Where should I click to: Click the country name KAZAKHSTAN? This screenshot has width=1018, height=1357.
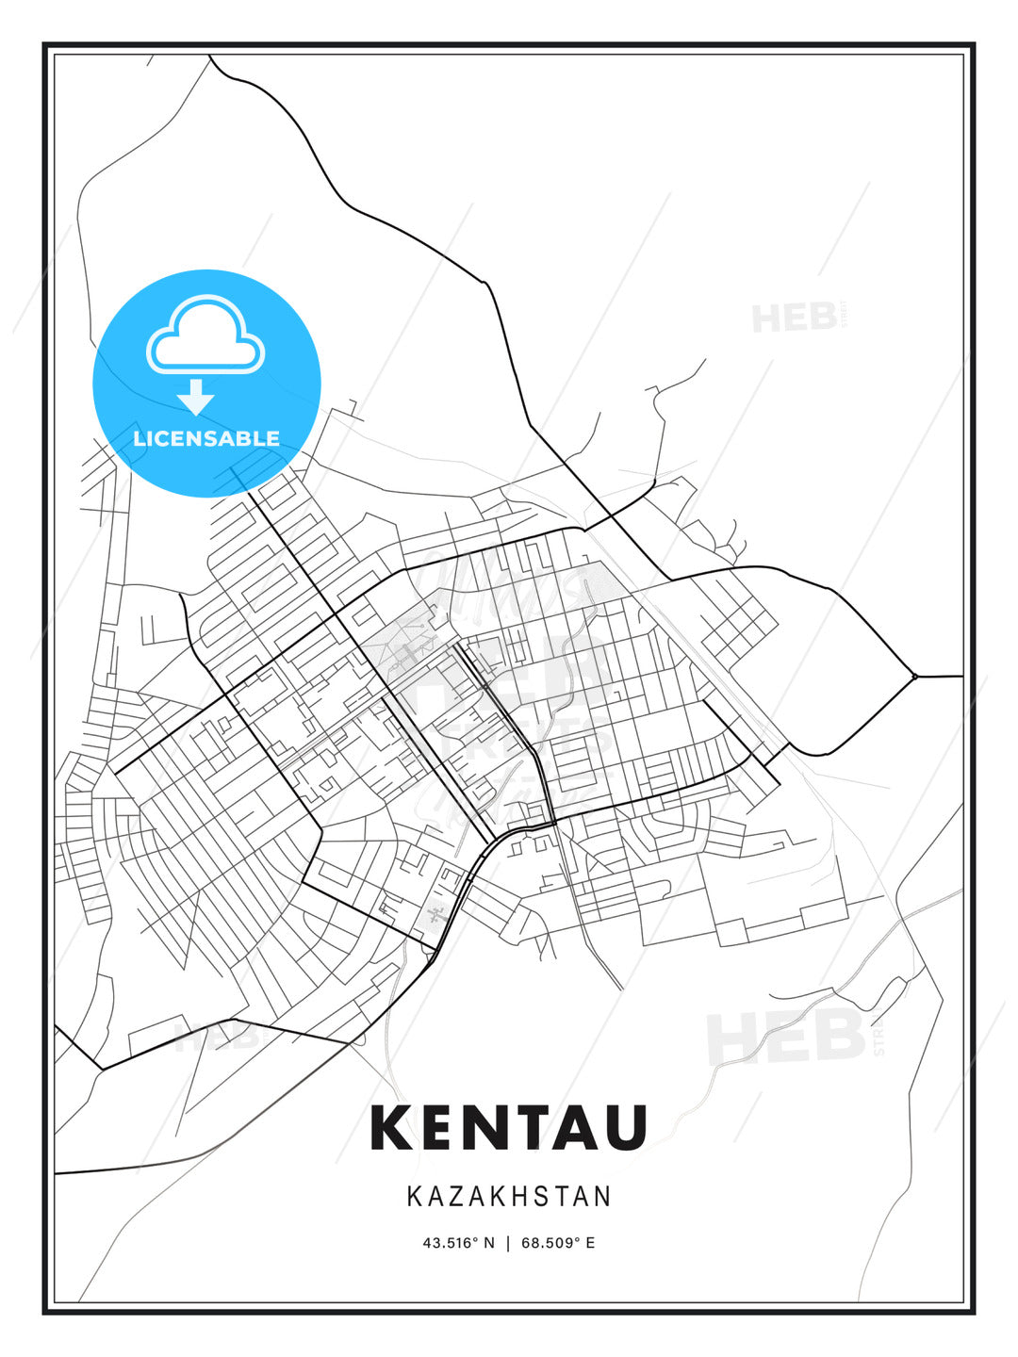(509, 1197)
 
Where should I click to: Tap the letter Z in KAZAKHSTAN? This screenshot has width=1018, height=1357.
(459, 1197)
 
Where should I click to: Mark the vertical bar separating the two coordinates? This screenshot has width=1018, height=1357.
(509, 1243)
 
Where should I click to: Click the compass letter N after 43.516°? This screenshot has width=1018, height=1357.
(488, 1243)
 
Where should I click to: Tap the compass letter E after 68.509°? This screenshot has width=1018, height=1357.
(590, 1243)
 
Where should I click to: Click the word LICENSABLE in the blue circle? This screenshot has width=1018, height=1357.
(206, 438)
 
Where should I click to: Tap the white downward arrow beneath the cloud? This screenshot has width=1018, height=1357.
(196, 397)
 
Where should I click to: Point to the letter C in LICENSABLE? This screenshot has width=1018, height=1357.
(162, 438)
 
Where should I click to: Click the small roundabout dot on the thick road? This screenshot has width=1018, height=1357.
(914, 676)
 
